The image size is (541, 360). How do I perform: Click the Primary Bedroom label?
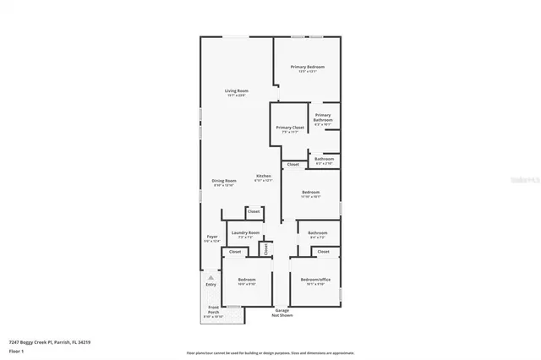308,67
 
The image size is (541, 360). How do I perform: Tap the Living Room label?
236,90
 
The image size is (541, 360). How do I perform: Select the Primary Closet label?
290,128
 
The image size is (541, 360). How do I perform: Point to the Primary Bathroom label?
323,117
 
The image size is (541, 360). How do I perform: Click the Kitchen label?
264,176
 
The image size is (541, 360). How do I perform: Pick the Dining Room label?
224,180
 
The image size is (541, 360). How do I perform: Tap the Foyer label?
212,237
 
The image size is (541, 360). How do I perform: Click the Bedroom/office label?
314,280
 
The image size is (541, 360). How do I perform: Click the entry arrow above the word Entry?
210,275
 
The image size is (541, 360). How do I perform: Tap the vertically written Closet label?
266,248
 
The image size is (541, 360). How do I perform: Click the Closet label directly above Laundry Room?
253,211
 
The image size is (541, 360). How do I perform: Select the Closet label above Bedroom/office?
323,252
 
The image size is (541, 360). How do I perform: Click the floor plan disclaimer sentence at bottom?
270,352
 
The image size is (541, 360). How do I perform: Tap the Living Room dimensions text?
236,95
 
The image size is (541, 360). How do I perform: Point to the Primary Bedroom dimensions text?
308,72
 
